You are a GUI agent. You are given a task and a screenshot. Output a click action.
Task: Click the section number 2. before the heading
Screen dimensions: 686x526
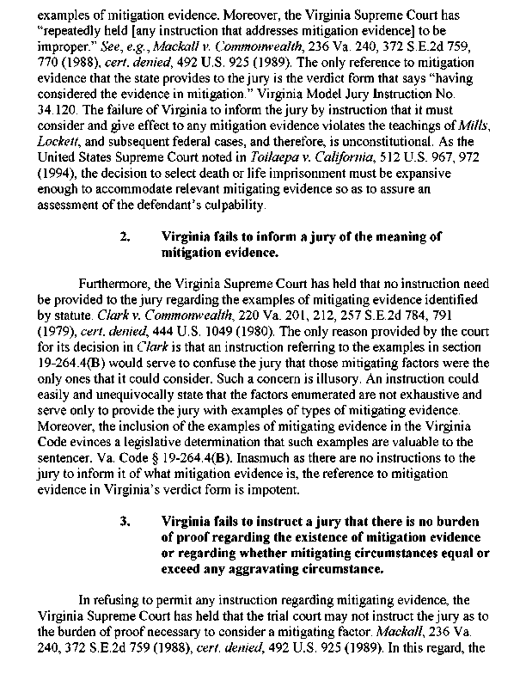click(x=125, y=236)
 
